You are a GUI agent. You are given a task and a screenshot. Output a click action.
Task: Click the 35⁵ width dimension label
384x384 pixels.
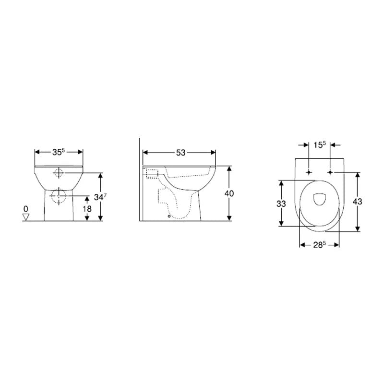tap(59, 152)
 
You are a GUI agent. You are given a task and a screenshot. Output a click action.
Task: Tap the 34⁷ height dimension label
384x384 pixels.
tap(100, 196)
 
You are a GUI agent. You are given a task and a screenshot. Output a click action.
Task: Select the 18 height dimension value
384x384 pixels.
tap(87, 209)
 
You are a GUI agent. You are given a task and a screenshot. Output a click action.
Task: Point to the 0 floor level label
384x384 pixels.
tap(26, 209)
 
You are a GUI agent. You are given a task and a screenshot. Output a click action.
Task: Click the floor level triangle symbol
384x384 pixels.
tap(26, 217)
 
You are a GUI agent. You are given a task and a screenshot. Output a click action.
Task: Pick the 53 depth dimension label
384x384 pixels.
tap(181, 153)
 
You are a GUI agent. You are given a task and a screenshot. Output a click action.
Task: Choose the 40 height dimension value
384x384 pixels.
tap(229, 193)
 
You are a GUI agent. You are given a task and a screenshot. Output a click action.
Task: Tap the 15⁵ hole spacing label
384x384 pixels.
tap(320, 145)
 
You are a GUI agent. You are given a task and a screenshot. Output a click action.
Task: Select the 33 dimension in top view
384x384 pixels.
tap(281, 203)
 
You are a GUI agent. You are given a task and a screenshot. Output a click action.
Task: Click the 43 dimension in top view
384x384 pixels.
tap(358, 202)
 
